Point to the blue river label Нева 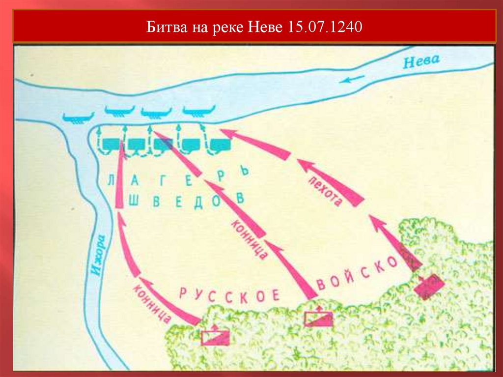click(421, 61)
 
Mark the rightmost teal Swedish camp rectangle click(220, 145)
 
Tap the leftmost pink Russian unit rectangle click(215, 337)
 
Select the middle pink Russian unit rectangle click(318, 319)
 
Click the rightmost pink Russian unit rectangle click(429, 286)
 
